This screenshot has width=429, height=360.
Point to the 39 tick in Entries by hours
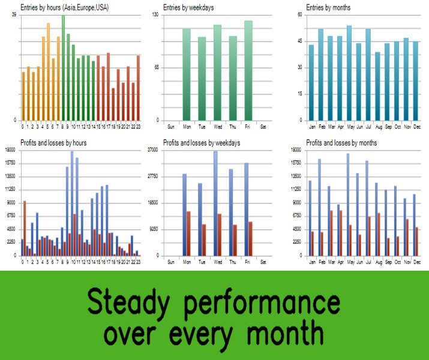14,15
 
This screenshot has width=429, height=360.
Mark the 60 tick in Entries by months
299,15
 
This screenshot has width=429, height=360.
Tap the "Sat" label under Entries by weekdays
263,127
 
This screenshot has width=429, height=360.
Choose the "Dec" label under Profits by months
417,262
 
